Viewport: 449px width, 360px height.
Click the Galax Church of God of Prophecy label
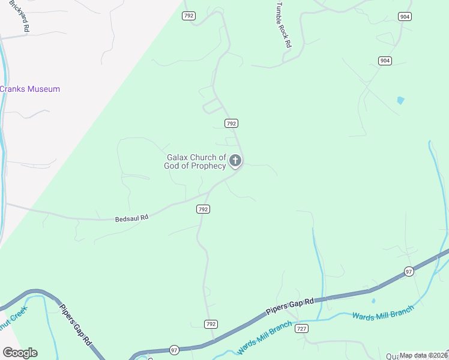[x=196, y=161]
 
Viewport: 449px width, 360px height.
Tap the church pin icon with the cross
[x=235, y=160]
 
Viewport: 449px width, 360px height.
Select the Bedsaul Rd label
[x=131, y=219]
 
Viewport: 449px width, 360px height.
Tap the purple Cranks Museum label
[x=30, y=89]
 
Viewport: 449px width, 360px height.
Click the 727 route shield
[x=302, y=329]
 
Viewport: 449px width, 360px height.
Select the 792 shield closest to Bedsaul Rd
[x=203, y=209]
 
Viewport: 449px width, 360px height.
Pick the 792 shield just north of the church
[x=232, y=123]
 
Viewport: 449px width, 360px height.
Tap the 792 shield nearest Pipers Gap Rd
[x=210, y=324]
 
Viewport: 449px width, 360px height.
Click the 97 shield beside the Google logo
[x=174, y=350]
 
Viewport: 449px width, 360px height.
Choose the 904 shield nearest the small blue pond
[x=385, y=61]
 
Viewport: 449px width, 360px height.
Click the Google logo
[x=20, y=353]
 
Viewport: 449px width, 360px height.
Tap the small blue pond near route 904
[x=400, y=100]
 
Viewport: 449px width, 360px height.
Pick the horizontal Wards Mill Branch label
[x=383, y=313]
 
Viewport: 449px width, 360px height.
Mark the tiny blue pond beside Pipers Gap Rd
[x=373, y=301]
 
